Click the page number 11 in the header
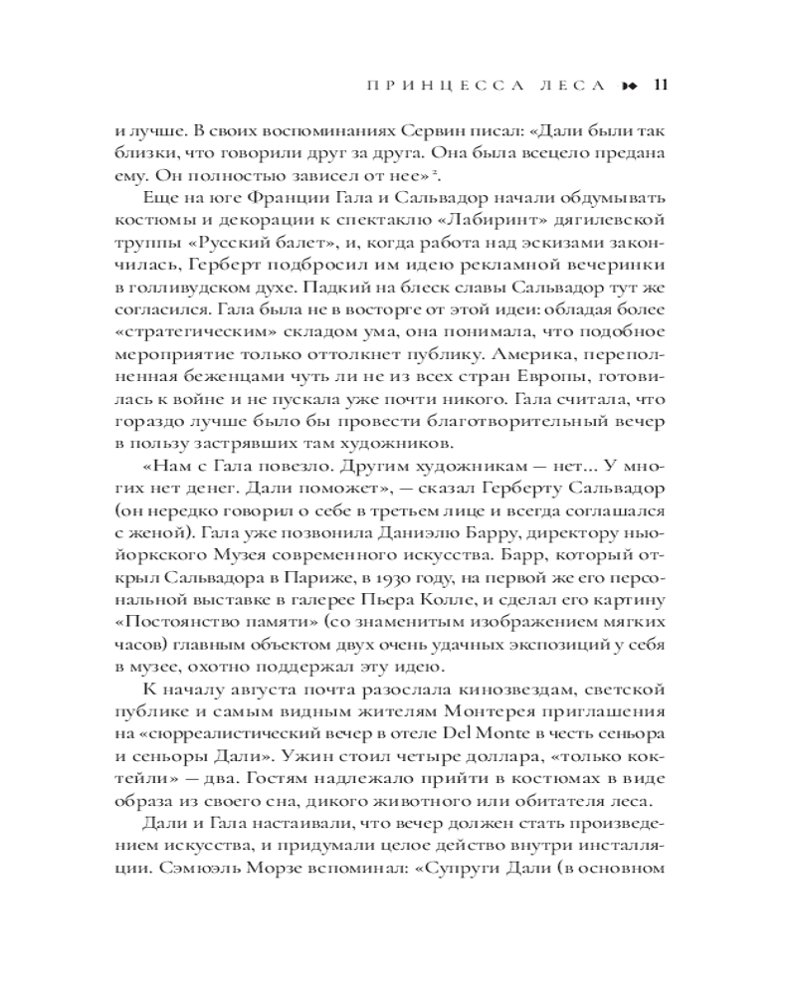(x=659, y=85)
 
